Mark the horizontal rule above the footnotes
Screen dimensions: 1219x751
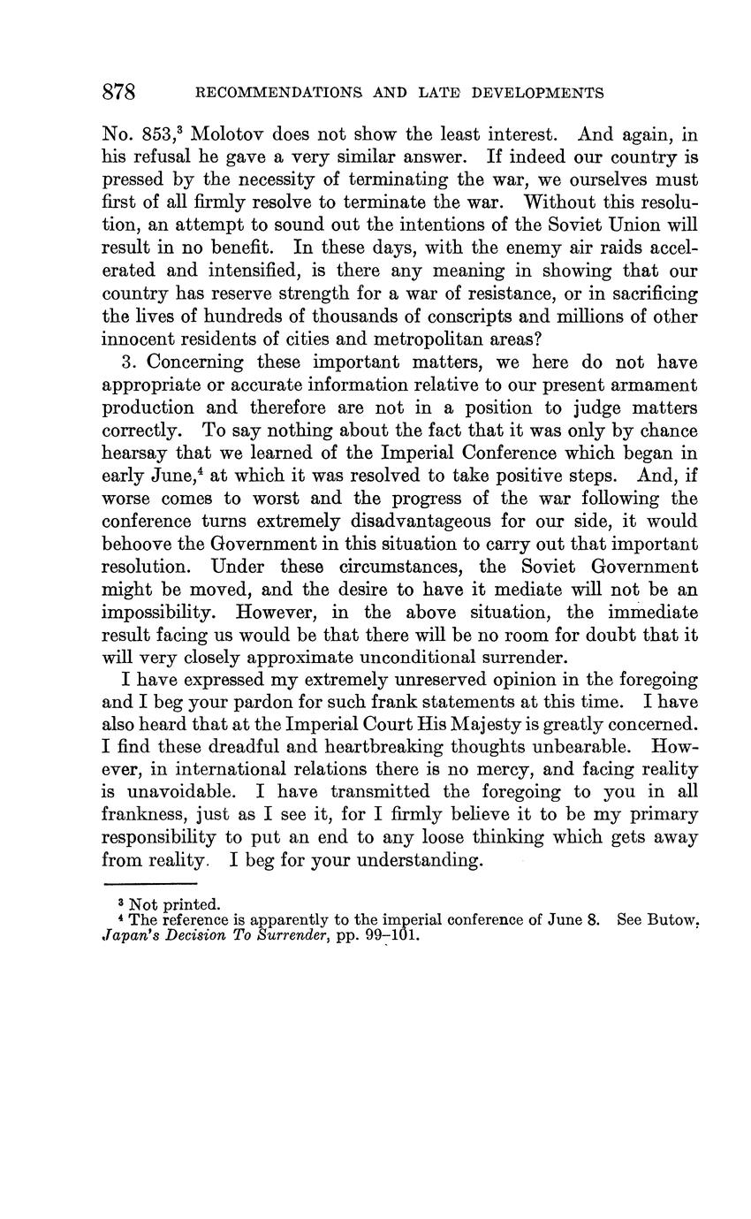tap(149, 883)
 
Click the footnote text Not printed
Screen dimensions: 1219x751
tap(174, 904)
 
